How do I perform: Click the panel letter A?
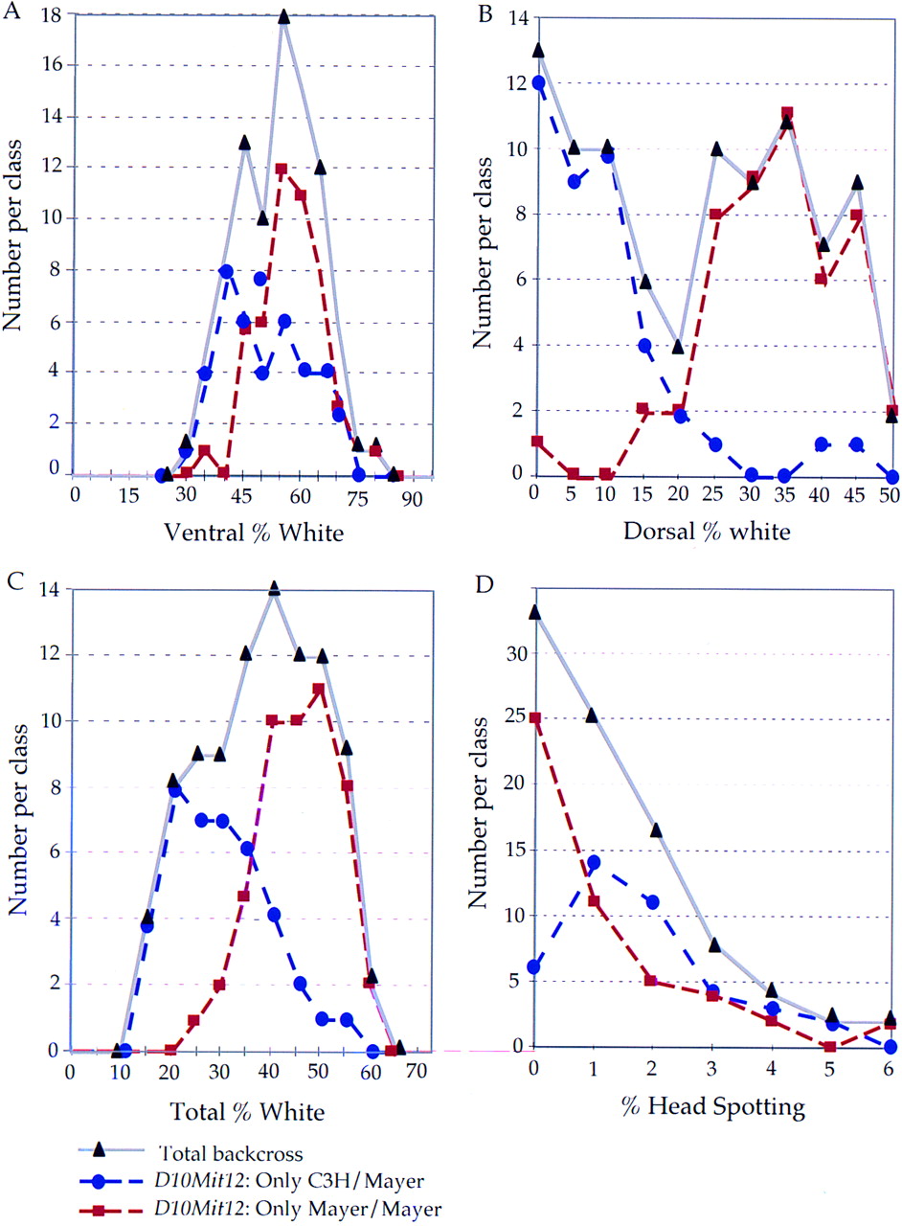tap(11, 11)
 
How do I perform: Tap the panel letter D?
tap(485, 585)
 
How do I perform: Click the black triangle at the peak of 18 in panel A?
tap(283, 16)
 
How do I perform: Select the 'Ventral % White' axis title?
tap(254, 532)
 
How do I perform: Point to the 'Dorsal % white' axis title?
tap(707, 532)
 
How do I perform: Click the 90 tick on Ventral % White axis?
tap(410, 499)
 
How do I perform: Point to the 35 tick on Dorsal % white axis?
tap(783, 496)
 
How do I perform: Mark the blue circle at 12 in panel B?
tap(538, 82)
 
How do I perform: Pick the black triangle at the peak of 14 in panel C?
tap(274, 588)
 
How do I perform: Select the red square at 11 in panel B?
tap(787, 113)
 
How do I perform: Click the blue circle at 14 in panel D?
tap(594, 863)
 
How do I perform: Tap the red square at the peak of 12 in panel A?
tap(282, 169)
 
